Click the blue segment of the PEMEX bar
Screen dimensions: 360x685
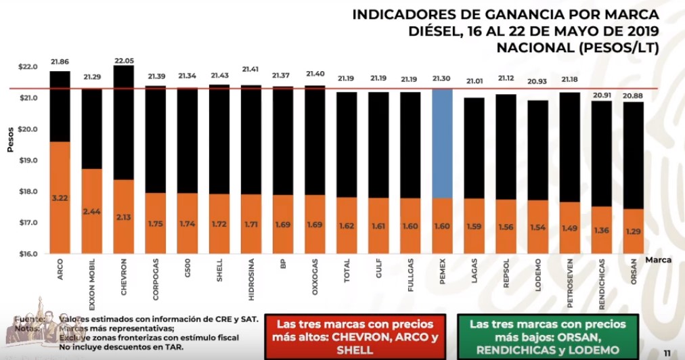441,143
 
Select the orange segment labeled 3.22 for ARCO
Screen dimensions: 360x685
60,198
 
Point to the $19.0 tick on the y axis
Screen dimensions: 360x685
28,160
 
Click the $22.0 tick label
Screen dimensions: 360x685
28,67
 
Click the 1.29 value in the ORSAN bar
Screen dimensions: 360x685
633,231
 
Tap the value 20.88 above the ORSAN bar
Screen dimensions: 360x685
634,96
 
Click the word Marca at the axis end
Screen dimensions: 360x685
659,259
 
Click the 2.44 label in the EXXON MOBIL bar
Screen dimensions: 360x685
91,212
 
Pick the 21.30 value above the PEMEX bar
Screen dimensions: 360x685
442,79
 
